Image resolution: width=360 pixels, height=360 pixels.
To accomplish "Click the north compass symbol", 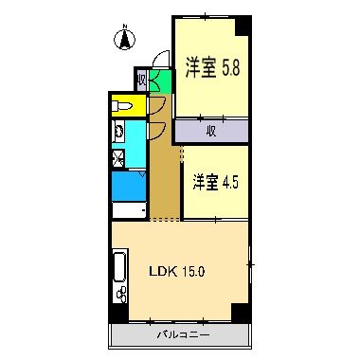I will point(123,40).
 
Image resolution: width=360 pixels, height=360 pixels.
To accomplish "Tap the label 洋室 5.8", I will point(211,67).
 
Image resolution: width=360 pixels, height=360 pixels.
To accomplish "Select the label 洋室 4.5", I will point(216,181).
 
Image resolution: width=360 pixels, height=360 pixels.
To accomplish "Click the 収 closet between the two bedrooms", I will point(211,131).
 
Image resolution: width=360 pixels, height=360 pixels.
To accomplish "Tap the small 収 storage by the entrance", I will point(141,80).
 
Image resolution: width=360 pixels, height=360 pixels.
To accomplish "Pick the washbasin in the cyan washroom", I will point(121,132).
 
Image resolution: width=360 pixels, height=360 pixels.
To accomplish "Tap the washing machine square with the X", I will point(119,158).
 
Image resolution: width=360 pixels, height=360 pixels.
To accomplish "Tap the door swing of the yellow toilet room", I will point(157,104).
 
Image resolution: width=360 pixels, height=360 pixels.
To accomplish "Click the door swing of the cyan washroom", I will point(157,129).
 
